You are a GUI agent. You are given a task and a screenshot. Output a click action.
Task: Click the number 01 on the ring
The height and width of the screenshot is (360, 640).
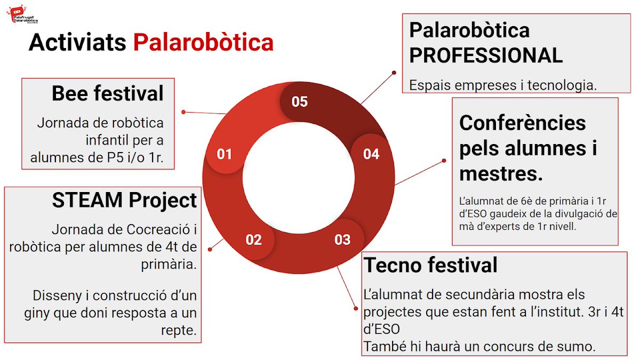pos(225,154)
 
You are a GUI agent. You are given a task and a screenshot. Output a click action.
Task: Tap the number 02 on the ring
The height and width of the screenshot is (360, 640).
pos(254,239)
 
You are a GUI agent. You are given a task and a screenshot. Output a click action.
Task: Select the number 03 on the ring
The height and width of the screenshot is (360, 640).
pos(342,239)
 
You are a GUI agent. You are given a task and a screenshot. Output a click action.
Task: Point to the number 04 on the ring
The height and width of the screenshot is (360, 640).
pos(371,154)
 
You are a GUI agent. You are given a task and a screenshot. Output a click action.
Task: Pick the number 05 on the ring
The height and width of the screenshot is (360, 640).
pos(300,101)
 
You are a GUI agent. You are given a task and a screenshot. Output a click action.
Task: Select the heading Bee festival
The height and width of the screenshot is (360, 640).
pos(108,93)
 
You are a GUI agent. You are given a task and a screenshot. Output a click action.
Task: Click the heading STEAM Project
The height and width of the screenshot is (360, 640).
pos(124,201)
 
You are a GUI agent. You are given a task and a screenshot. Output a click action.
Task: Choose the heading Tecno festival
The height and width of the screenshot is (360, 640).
pos(430,265)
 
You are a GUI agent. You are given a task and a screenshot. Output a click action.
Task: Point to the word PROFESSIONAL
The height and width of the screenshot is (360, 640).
pos(486,55)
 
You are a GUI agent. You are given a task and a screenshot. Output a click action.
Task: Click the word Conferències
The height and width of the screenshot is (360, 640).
pos(522,123)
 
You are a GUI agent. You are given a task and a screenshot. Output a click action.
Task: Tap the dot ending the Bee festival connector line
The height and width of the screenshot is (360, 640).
pos(183,112)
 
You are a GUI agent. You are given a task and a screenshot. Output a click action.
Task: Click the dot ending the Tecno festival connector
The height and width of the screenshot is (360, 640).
pos(356,307)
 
